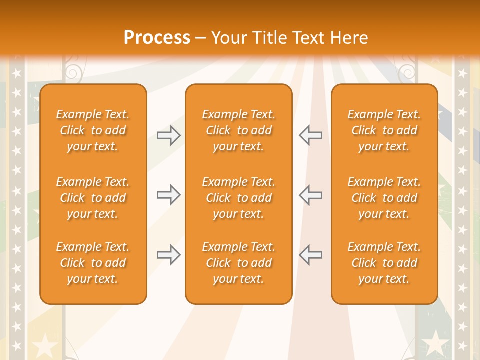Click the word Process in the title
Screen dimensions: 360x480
point(157,38)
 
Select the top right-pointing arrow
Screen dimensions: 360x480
point(168,135)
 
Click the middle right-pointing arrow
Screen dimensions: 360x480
point(168,195)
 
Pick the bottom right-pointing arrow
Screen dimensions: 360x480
point(168,254)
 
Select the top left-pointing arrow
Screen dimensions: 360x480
point(310,135)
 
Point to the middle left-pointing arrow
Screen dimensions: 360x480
point(310,195)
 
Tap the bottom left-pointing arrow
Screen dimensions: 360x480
point(310,254)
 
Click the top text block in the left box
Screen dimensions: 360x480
point(93,130)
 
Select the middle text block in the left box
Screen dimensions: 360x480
point(93,198)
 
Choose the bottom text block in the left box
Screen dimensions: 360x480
point(93,263)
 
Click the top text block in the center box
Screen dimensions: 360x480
point(239,130)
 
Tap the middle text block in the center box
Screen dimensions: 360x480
point(239,198)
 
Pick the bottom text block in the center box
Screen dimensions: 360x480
point(239,263)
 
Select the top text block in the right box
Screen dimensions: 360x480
point(384,130)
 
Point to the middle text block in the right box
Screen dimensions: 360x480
point(384,198)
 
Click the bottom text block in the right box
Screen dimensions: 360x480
point(384,263)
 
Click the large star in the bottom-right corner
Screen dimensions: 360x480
point(436,344)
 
